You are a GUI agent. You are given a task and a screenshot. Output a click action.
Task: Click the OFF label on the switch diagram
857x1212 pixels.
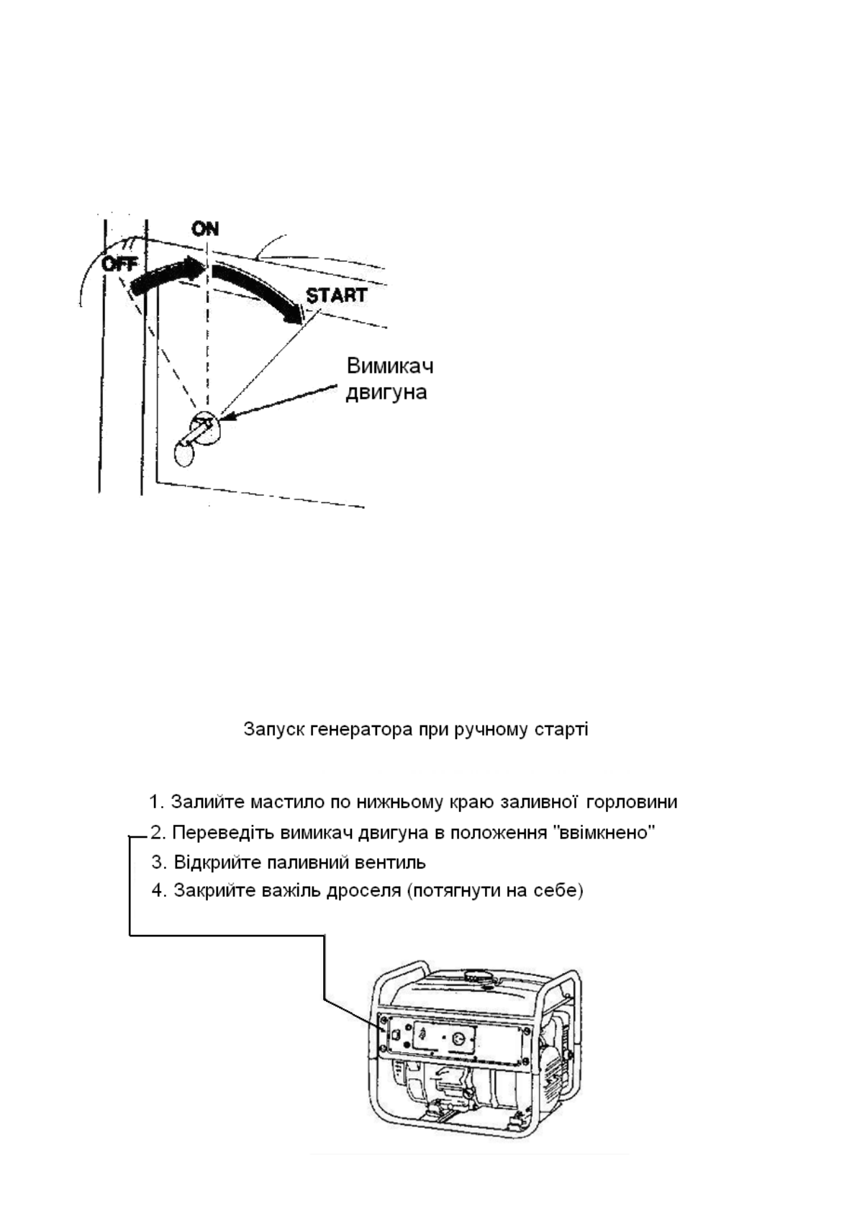tap(119, 264)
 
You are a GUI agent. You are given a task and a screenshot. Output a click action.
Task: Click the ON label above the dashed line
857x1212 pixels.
tap(205, 229)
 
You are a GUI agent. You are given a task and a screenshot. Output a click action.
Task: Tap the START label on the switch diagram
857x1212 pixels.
tap(336, 295)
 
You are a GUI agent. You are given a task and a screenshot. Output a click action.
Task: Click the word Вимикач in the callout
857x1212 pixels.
tap(390, 366)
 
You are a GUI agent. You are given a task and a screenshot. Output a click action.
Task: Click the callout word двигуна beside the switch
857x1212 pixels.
tap(386, 393)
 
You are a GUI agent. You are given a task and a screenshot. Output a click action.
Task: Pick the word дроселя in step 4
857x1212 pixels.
tap(363, 891)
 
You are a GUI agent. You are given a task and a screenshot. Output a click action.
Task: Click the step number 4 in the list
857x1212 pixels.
tap(158, 891)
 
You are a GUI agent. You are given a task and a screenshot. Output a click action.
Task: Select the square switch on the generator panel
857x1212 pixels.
tap(395, 1034)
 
